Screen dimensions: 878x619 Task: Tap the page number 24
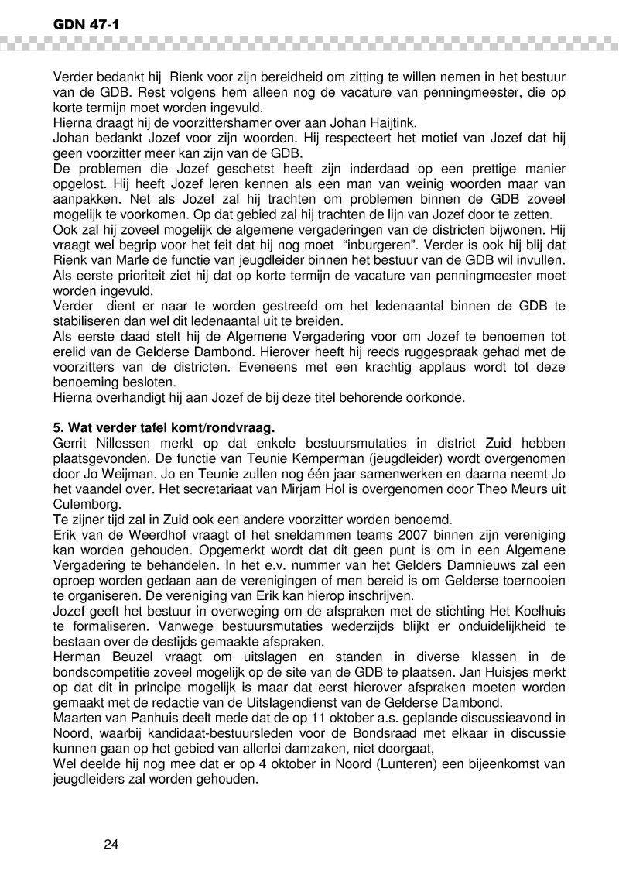coord(111,843)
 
